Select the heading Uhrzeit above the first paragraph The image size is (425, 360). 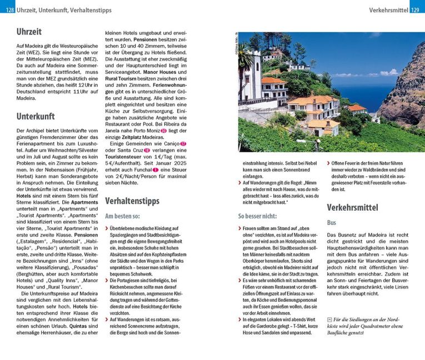coord(29,32)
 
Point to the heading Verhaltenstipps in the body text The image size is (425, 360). coord(132,200)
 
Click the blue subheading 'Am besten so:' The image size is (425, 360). coord(124,216)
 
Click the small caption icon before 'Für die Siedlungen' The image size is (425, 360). coord(330,319)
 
